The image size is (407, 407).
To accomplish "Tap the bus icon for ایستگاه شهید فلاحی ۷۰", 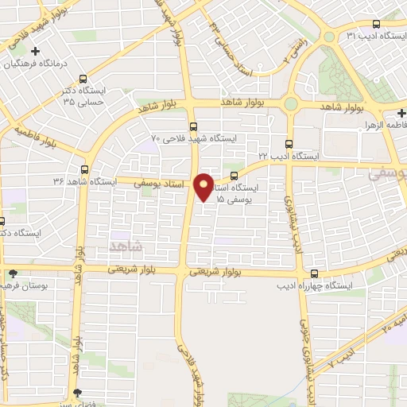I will [192, 126].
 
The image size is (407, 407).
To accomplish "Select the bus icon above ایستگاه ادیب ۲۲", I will [289, 144].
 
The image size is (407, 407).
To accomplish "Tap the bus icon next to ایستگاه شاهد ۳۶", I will [85, 169].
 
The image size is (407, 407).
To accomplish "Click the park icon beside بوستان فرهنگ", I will [11, 273].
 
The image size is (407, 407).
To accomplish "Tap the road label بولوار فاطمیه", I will [41, 138].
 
